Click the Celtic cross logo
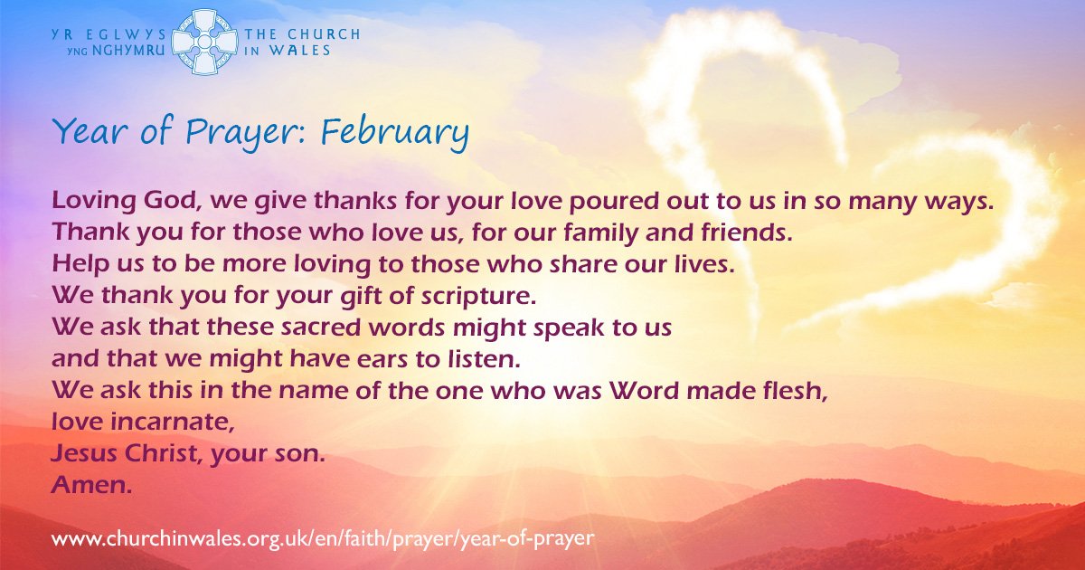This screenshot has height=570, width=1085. pyautogui.click(x=205, y=43)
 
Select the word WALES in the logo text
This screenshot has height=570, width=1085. pyautogui.click(x=300, y=51)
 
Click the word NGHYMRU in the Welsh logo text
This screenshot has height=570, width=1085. pyautogui.click(x=128, y=51)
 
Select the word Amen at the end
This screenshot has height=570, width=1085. pyautogui.click(x=91, y=484)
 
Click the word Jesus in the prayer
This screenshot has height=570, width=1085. pyautogui.click(x=84, y=453)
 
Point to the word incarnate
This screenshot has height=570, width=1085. pyautogui.click(x=173, y=422)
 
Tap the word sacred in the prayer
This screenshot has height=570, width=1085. pyautogui.click(x=321, y=328)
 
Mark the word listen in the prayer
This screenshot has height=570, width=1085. pyautogui.click(x=480, y=359)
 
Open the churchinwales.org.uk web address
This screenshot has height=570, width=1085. pyautogui.click(x=323, y=539)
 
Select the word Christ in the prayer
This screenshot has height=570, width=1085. pyautogui.click(x=162, y=453)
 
